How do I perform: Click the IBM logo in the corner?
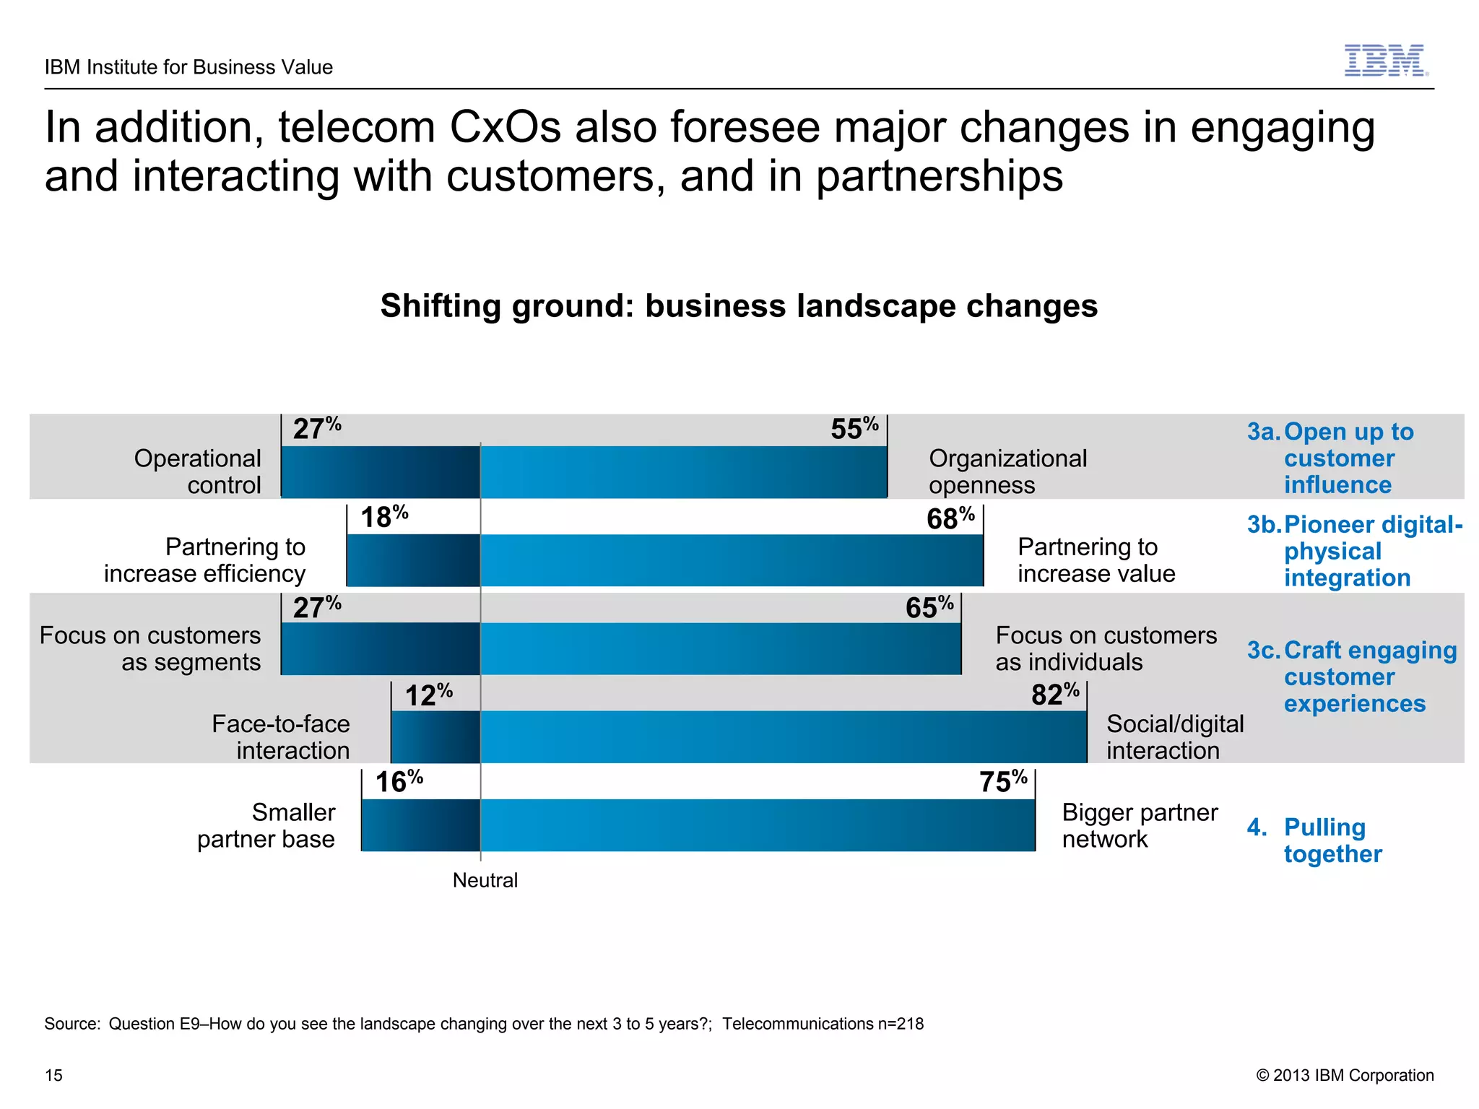[1385, 60]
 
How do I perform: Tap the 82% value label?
[1054, 695]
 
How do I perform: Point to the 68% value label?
[950, 518]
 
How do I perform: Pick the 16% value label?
[398, 781]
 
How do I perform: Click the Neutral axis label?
[485, 880]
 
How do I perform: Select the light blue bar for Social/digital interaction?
[784, 736]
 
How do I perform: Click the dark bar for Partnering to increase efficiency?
[413, 560]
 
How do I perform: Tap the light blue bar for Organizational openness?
[683, 471]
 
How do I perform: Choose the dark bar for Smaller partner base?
[420, 825]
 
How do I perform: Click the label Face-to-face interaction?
[281, 736]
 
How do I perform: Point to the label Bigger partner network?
[1139, 825]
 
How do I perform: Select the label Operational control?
[198, 471]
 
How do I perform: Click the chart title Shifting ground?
[739, 305]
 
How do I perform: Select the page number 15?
[53, 1075]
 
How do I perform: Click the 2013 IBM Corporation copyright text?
[1345, 1075]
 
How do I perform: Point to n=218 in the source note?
[901, 1024]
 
